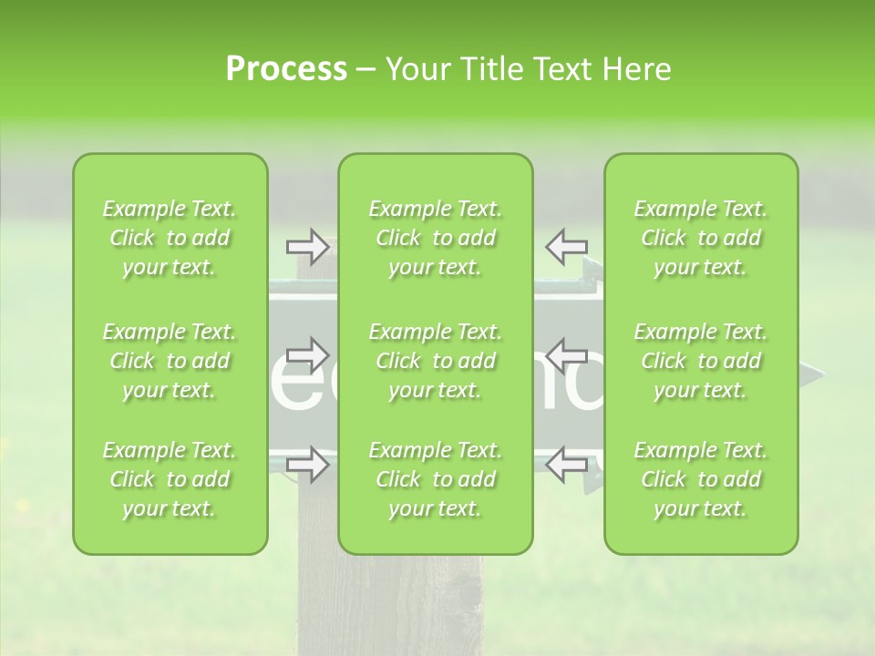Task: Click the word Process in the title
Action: tap(286, 69)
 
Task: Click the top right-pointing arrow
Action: tap(308, 245)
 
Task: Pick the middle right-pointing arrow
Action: tap(308, 354)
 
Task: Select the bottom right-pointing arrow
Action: tap(308, 465)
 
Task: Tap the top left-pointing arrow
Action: tap(566, 245)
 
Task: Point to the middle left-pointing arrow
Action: tap(566, 354)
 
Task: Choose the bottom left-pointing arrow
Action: tap(566, 465)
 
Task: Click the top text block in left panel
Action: tap(170, 238)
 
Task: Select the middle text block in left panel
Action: tap(170, 361)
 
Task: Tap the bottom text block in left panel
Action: tap(170, 479)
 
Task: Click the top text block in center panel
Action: tap(436, 238)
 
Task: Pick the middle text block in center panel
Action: tap(436, 361)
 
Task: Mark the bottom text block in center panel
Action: tap(436, 479)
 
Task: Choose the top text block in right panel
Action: tap(701, 238)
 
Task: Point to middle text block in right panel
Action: tap(701, 361)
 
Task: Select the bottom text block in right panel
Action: tap(701, 479)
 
